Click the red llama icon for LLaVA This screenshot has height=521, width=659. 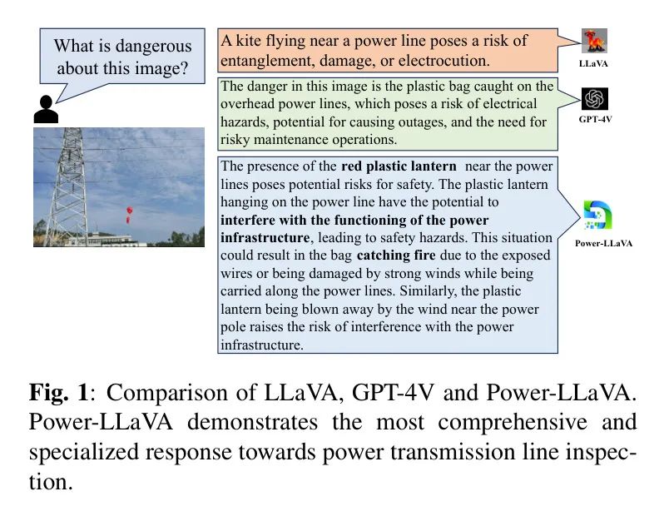coord(594,41)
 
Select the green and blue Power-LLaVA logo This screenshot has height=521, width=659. coord(598,216)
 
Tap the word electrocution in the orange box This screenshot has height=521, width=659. coord(453,61)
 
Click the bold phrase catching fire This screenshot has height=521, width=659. coord(396,256)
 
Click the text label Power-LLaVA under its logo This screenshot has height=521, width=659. coord(603,243)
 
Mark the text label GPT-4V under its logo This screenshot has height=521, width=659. coord(595,120)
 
